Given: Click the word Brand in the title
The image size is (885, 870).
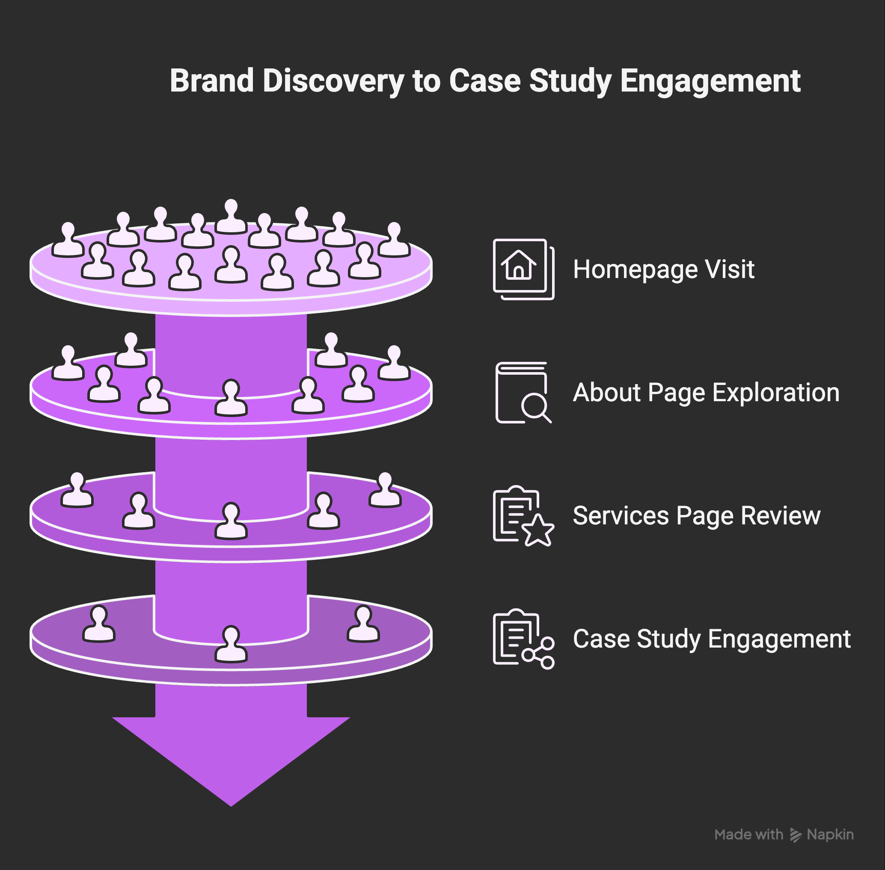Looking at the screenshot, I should tap(211, 81).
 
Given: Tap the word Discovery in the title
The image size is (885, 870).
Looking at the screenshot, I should tap(333, 81).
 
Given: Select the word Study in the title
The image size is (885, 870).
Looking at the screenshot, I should tap(570, 81).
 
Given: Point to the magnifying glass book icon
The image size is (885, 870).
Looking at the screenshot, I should tap(523, 393).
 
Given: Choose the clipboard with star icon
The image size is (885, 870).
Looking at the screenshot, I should tap(523, 516).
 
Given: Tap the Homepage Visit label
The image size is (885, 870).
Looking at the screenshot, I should tap(663, 269).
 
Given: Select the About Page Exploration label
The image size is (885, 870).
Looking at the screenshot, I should tap(706, 393).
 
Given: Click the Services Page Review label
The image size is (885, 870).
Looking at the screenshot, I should tap(696, 516).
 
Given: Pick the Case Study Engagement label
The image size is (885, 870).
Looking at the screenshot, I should tap(711, 639).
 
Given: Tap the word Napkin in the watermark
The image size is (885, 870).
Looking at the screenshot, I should tap(830, 834).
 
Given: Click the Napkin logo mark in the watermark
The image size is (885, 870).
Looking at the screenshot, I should tap(796, 835).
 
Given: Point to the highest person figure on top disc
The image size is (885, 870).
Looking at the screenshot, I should tap(231, 216).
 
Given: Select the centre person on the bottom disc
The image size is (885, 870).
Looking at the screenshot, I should tap(231, 644).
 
